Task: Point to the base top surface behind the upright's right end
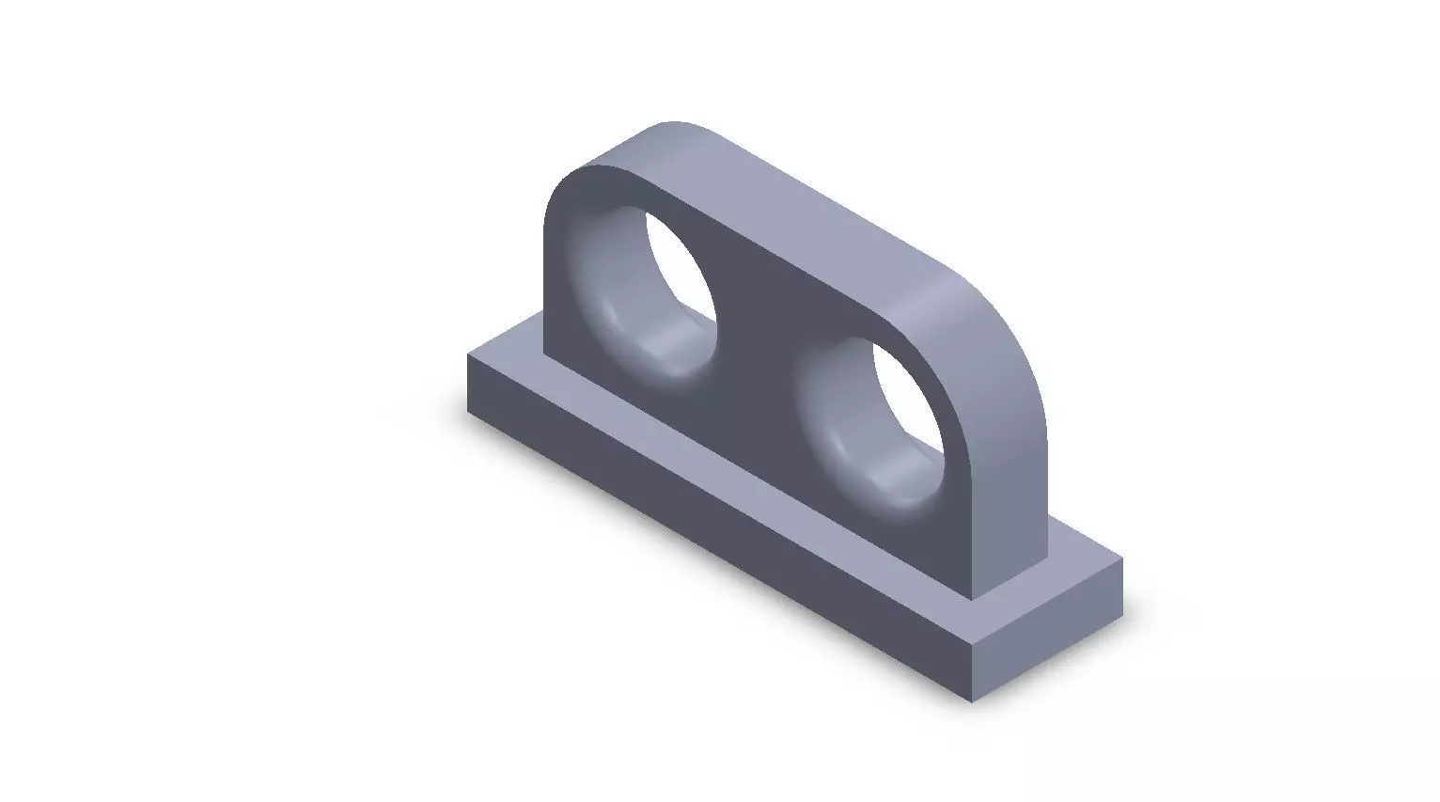pos(1081,555)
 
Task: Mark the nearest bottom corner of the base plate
pos(971,701)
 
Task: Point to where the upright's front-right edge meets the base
pos(972,599)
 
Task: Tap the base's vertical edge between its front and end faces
pos(971,673)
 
